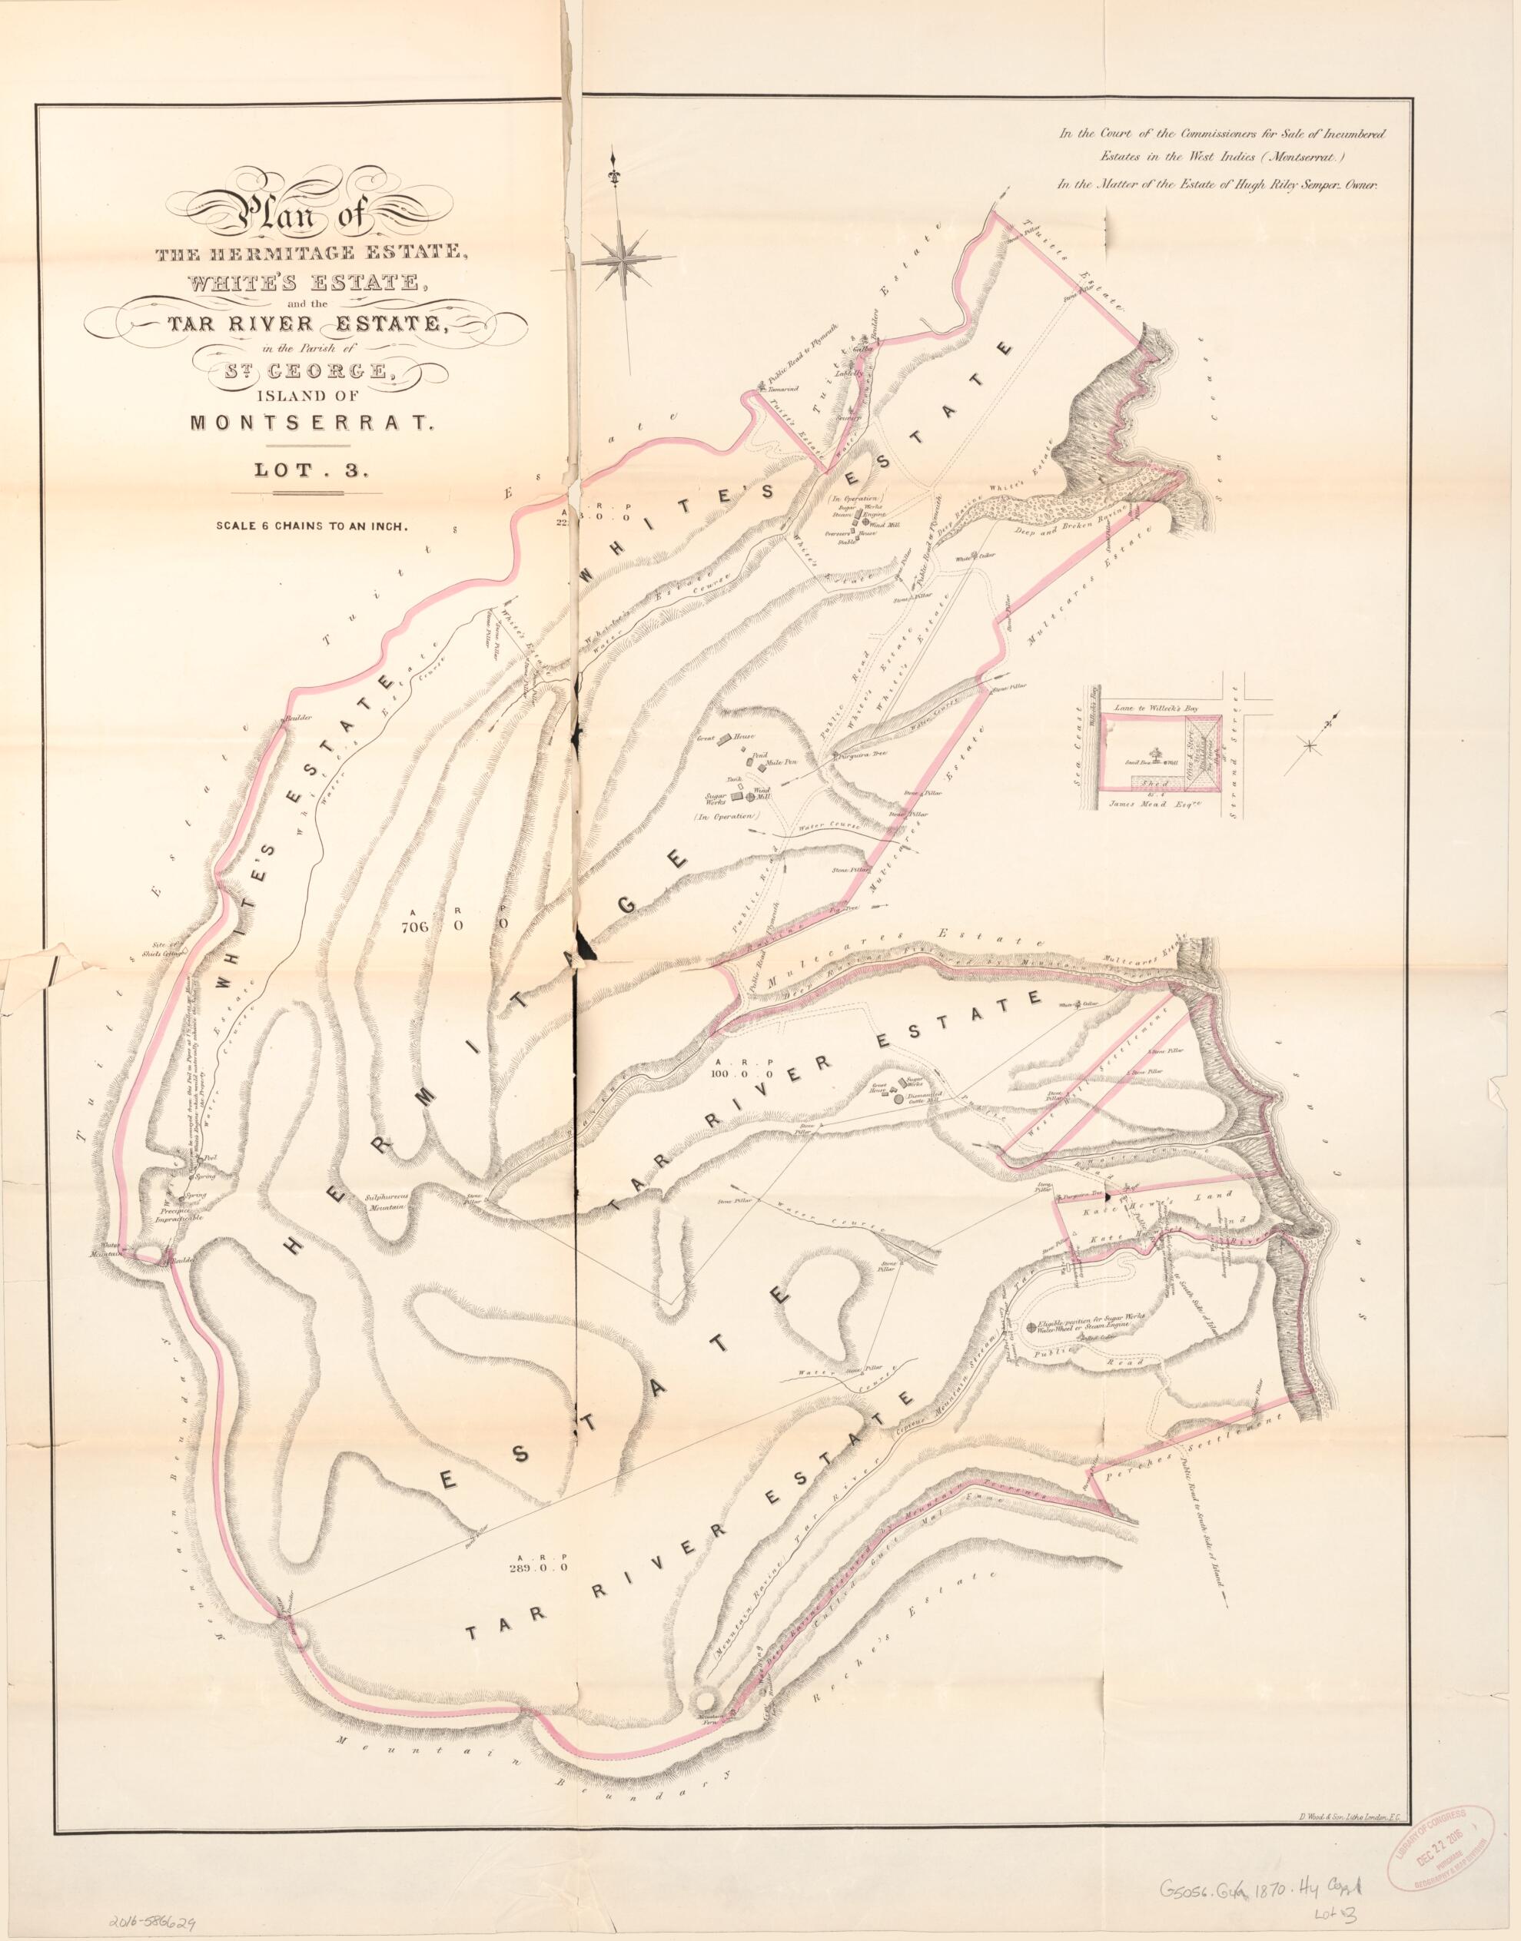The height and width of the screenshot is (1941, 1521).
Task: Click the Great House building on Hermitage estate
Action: (726, 739)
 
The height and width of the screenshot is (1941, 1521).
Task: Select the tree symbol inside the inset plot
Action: (1157, 753)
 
